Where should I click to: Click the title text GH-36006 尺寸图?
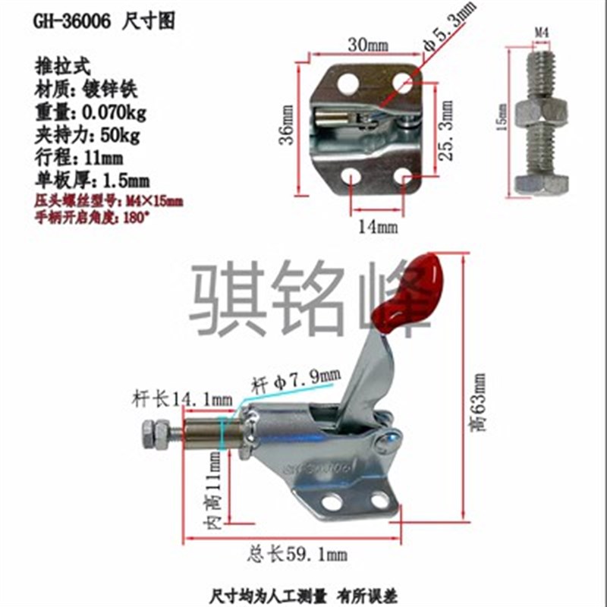click(x=103, y=23)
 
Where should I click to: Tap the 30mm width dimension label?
click(x=367, y=46)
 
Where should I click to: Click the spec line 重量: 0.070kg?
click(x=90, y=115)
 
